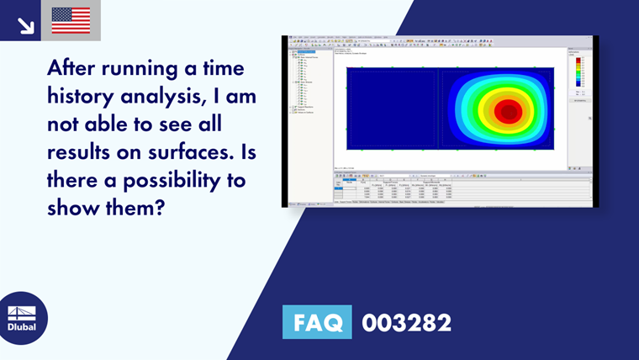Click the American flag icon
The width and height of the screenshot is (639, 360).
pos(71,20)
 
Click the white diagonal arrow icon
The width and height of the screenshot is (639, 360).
pos(25,24)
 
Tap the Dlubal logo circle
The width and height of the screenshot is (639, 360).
pos(24,317)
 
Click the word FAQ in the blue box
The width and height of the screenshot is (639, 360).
pos(317,322)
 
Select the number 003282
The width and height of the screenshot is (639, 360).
pos(406,322)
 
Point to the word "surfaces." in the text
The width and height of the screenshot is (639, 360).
pos(200,152)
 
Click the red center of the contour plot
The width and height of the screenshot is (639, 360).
pos(506,111)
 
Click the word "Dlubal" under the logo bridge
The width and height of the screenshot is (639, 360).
pos(23,327)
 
